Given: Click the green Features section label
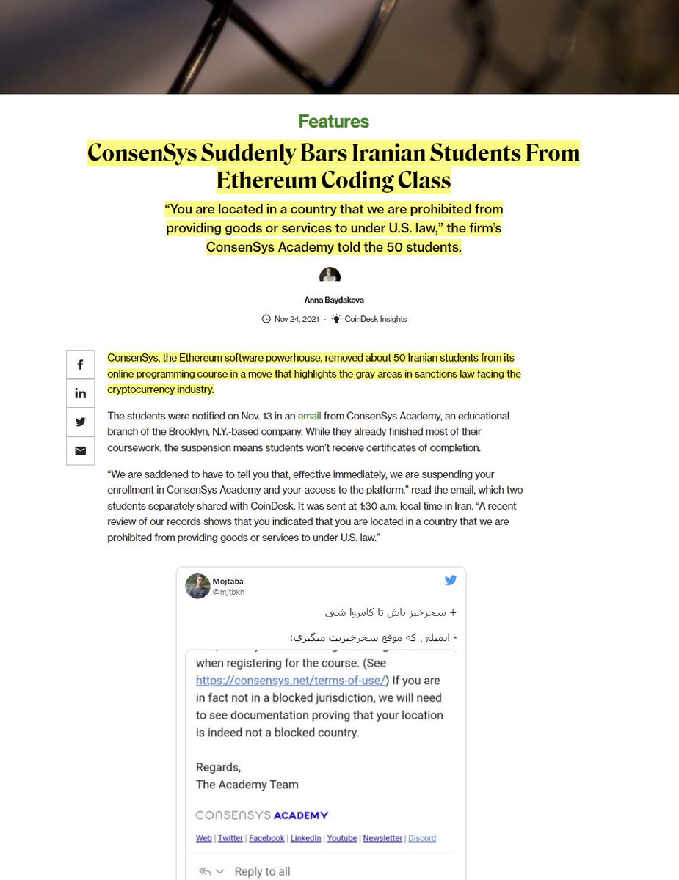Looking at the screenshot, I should coord(333,122).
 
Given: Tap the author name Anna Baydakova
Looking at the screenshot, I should coord(333,300).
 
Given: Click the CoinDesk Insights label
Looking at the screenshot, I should coord(375,319).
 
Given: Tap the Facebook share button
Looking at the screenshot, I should coord(80,365).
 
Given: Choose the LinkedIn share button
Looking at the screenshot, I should coord(80,394).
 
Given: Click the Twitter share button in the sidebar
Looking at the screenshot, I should coord(80,422).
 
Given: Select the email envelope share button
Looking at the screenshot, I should coord(80,450).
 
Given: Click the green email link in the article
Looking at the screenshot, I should coord(309,416).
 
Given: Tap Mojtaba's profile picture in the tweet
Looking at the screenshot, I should coord(197,586).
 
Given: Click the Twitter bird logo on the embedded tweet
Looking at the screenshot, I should coord(450,581).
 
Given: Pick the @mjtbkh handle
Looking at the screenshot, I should coord(228,592).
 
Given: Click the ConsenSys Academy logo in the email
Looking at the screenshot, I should coord(261,815).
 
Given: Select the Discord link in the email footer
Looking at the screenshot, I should coord(422,838).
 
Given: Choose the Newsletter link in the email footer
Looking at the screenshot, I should coord(382,838).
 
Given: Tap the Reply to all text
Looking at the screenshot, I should coord(262,871).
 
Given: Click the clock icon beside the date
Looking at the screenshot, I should coord(266,319).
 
